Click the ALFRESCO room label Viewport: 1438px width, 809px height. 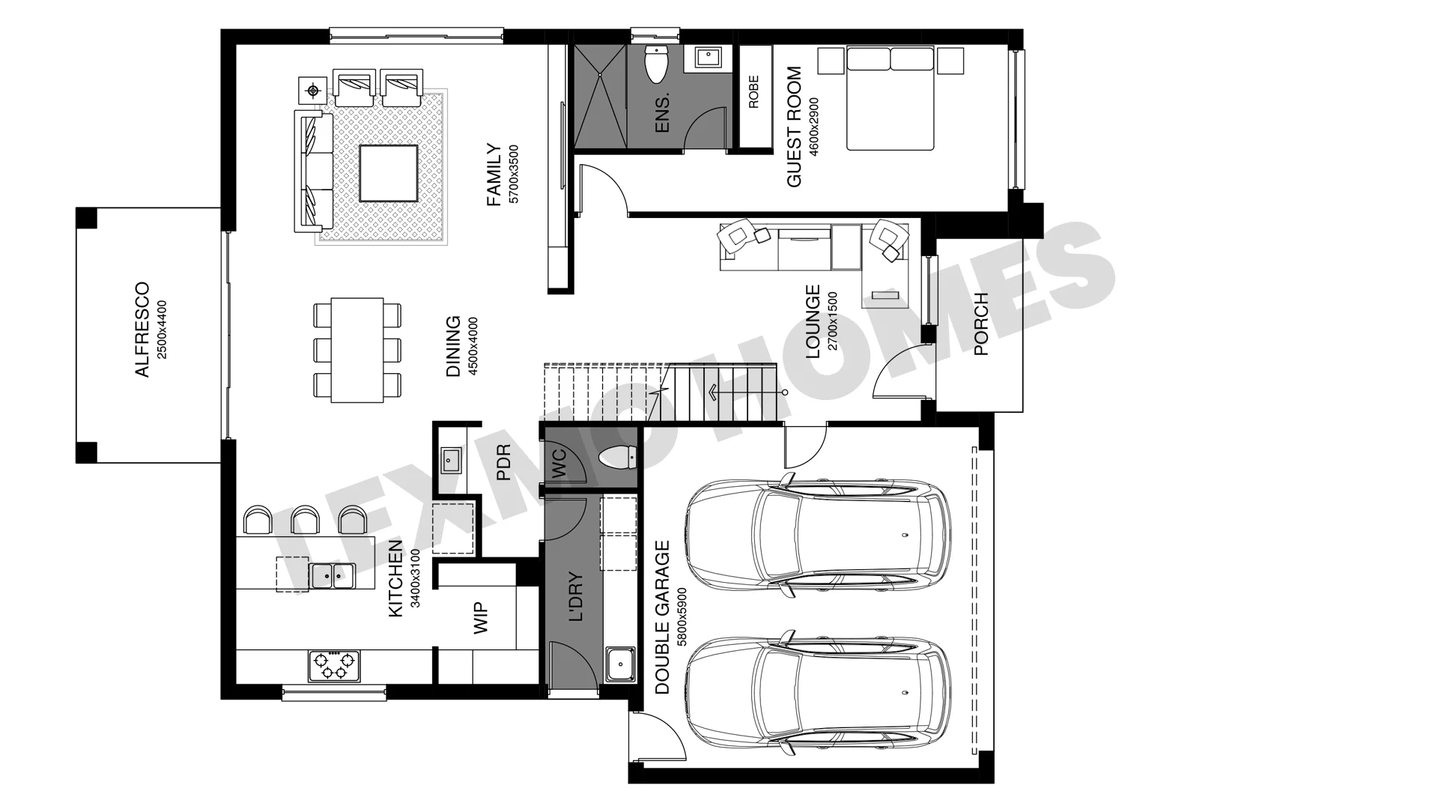pyautogui.click(x=142, y=330)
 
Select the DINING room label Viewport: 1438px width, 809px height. pyautogui.click(x=453, y=346)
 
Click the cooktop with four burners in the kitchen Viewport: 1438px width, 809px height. pyautogui.click(x=334, y=665)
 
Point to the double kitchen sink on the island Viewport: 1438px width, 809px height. pyautogui.click(x=332, y=575)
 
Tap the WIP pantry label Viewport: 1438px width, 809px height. pyautogui.click(x=482, y=619)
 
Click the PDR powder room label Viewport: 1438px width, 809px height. pyautogui.click(x=503, y=462)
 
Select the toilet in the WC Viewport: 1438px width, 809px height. pyautogui.click(x=619, y=456)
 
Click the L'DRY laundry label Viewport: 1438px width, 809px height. pyautogui.click(x=576, y=597)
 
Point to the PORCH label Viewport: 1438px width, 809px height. pyautogui.click(x=981, y=324)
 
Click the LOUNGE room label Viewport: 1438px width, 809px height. pyautogui.click(x=813, y=321)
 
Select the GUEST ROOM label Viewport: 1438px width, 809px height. pyautogui.click(x=794, y=127)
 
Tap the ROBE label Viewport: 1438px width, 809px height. pyautogui.click(x=753, y=91)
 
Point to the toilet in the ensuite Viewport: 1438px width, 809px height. pyautogui.click(x=656, y=64)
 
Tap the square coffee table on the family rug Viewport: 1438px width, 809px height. pyautogui.click(x=388, y=173)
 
